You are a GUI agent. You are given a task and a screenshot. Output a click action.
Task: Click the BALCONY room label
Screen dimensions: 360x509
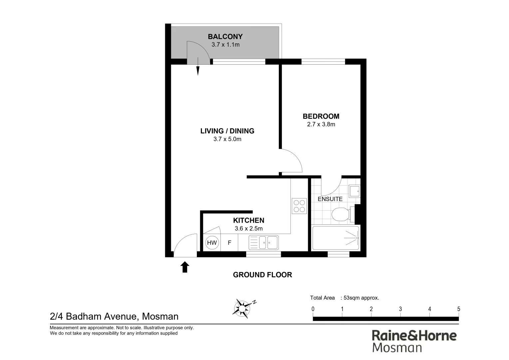(225, 37)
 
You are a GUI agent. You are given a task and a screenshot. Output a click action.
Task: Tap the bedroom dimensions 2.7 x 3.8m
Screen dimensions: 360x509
(321, 124)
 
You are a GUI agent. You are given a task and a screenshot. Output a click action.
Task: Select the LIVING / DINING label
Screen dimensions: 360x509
(227, 131)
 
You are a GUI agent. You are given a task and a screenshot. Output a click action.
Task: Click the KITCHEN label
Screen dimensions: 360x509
(249, 220)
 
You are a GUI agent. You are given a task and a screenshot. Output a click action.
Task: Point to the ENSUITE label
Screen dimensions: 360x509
(330, 199)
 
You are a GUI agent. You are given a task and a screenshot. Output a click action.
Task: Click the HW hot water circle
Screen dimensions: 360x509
(212, 243)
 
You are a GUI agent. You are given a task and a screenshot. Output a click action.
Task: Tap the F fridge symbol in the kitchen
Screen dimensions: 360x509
(230, 243)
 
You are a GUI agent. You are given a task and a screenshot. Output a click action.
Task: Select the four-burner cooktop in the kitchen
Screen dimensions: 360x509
(299, 206)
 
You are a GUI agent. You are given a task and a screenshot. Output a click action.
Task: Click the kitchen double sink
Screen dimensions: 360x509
(263, 242)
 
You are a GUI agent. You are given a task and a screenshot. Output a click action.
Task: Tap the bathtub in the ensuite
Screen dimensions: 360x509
(335, 238)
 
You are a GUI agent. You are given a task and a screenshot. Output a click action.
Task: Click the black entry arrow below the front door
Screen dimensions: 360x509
(185, 267)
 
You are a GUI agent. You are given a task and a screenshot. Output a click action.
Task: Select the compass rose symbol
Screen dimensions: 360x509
(243, 308)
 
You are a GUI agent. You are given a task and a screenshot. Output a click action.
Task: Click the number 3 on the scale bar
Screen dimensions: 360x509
(400, 309)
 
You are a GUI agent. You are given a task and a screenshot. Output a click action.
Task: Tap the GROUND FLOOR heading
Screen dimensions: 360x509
(262, 275)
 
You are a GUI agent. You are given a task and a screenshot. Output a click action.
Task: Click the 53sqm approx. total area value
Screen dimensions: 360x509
(361, 298)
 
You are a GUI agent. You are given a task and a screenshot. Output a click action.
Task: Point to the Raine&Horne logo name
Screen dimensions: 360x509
(414, 335)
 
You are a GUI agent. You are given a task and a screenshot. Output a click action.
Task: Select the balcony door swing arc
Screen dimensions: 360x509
(198, 52)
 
